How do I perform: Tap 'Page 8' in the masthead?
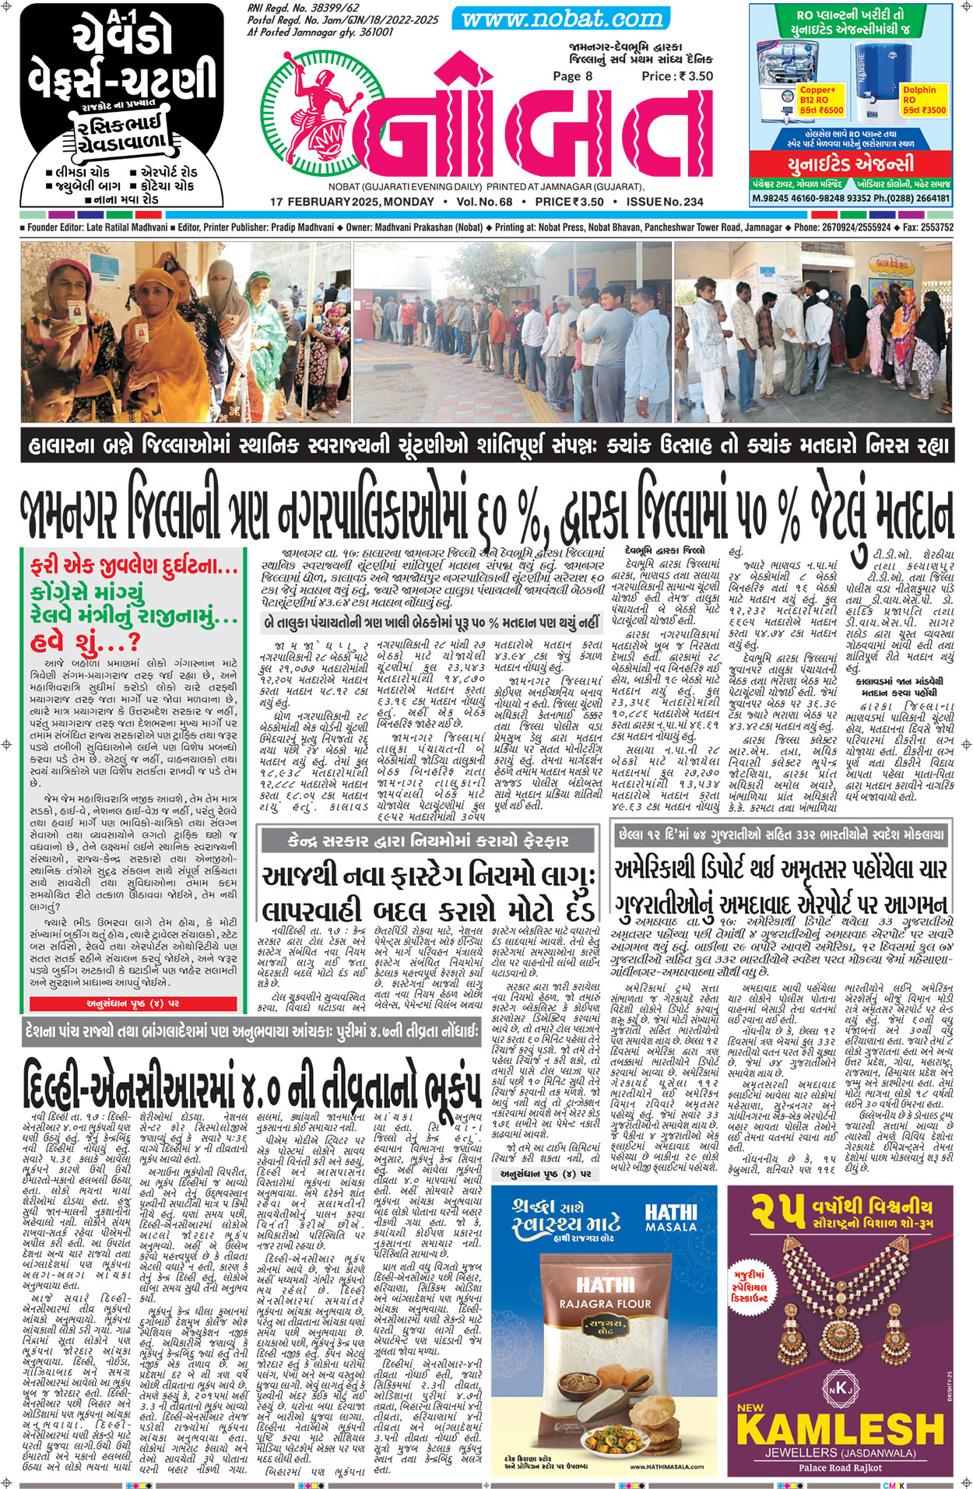click(572, 76)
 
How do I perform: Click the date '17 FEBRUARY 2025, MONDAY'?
click(352, 202)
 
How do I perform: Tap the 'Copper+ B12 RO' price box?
click(820, 100)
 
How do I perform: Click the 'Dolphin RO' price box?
click(923, 100)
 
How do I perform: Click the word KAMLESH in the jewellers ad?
click(840, 1429)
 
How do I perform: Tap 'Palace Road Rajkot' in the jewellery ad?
click(840, 1467)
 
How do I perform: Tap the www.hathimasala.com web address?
click(667, 1466)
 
